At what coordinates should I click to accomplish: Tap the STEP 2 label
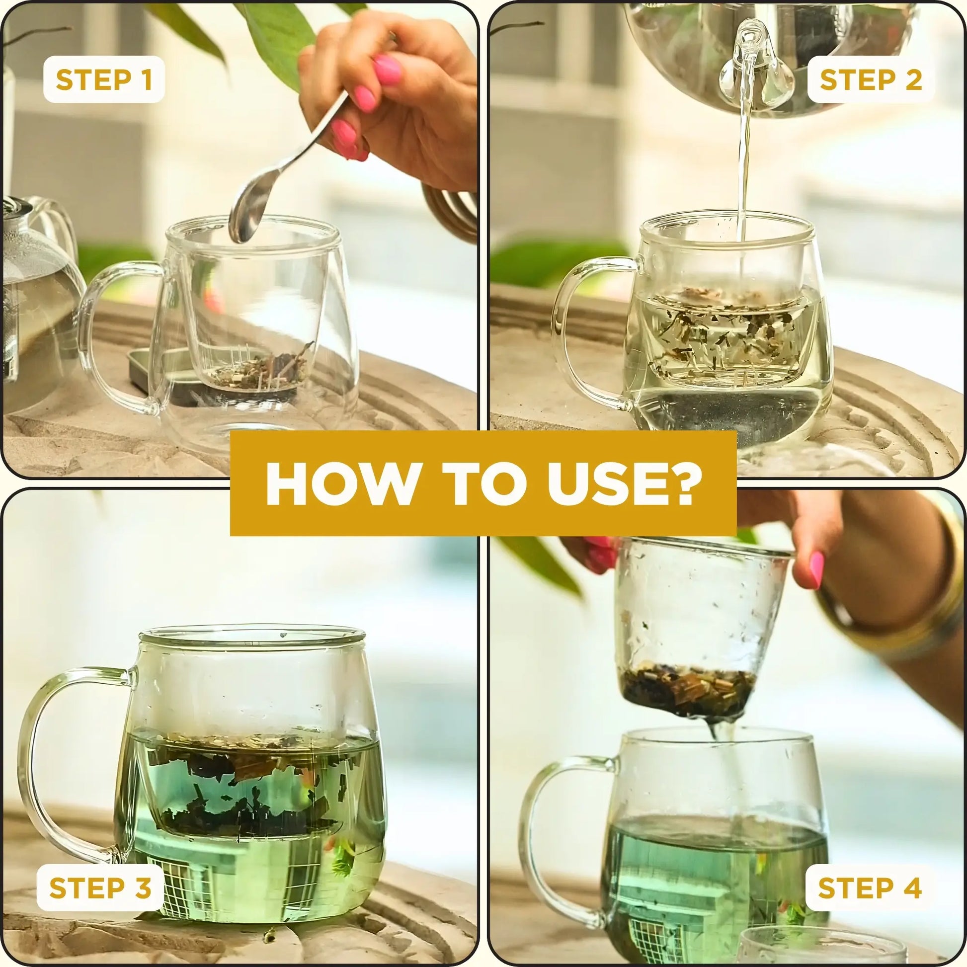coord(871,80)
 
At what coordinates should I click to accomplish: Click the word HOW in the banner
coord(335,484)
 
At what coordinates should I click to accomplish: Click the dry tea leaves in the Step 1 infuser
coord(255,370)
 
